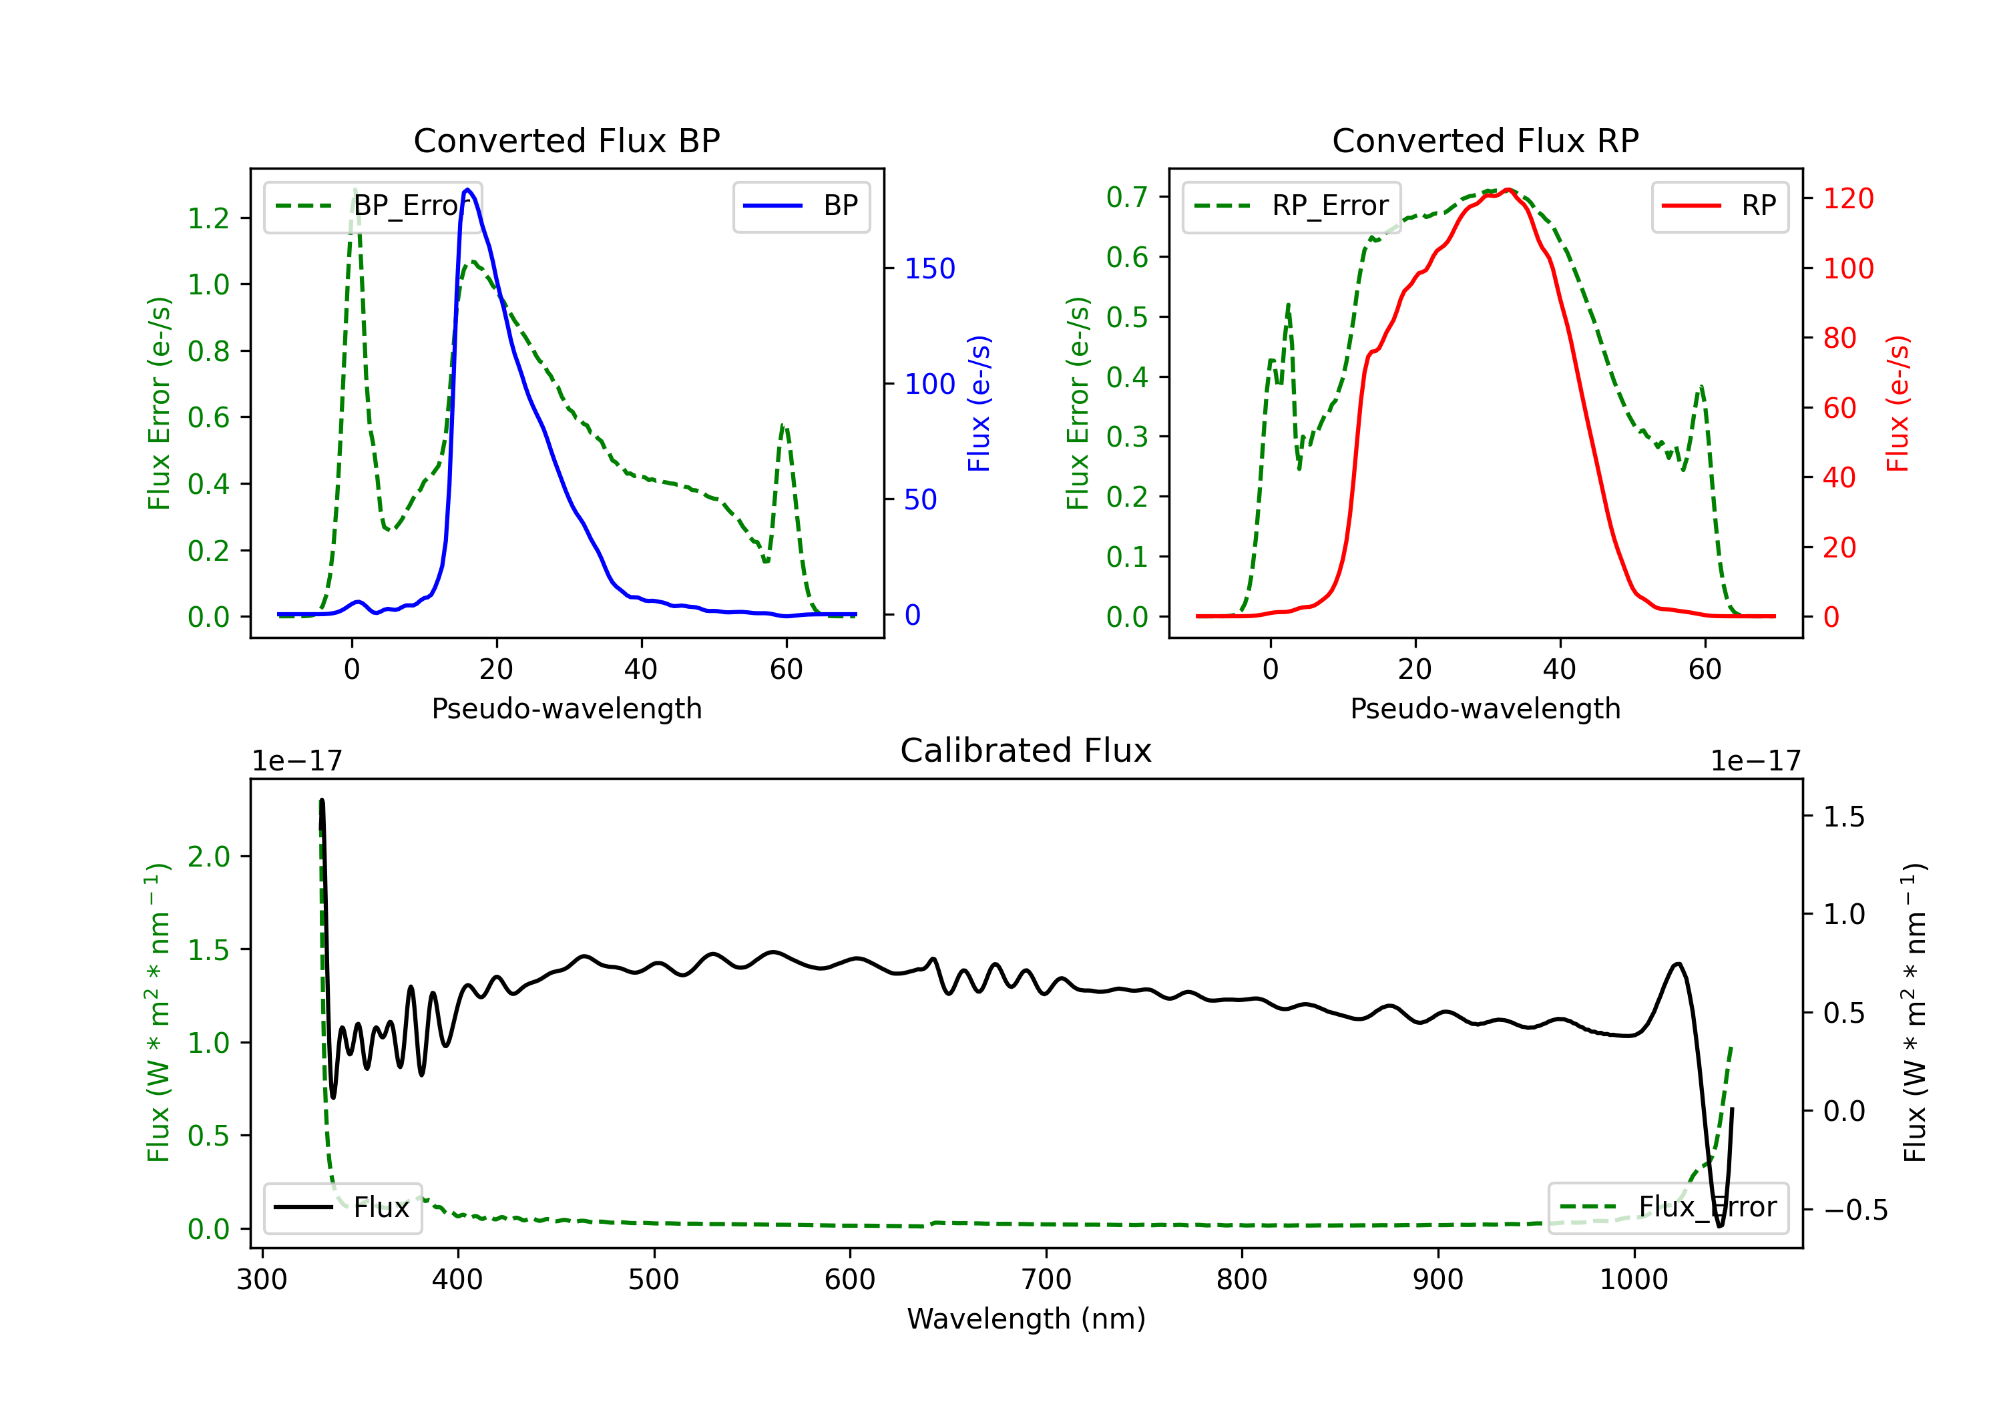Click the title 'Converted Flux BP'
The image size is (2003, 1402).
point(567,140)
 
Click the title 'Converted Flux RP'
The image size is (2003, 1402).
point(1486,140)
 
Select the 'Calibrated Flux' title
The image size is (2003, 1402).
point(1026,750)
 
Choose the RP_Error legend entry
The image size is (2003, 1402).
point(1292,206)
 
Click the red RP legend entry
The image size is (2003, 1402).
point(1719,206)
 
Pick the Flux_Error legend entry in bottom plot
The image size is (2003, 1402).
point(1668,1208)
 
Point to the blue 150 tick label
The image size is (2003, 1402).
point(930,268)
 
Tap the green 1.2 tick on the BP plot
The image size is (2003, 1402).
point(208,218)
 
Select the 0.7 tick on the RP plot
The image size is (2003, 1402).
point(1127,197)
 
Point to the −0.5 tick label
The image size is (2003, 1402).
point(1855,1210)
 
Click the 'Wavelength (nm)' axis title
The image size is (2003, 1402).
point(1026,1319)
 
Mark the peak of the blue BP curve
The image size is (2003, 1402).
point(469,190)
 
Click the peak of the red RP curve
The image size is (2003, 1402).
point(1508,190)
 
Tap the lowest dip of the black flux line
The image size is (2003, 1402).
point(1721,1226)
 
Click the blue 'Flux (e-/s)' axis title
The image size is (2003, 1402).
point(979,404)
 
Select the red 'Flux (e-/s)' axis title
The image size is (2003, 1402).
point(1898,404)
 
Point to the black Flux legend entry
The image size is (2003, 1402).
point(342,1208)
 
